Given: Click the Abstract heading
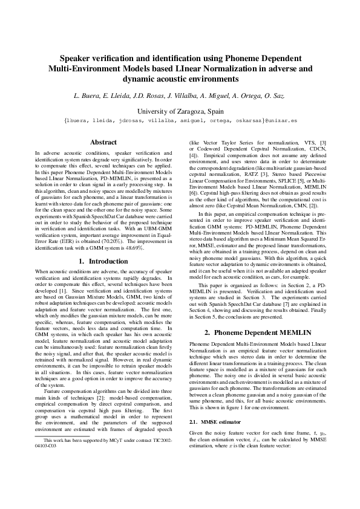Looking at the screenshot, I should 103,142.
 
